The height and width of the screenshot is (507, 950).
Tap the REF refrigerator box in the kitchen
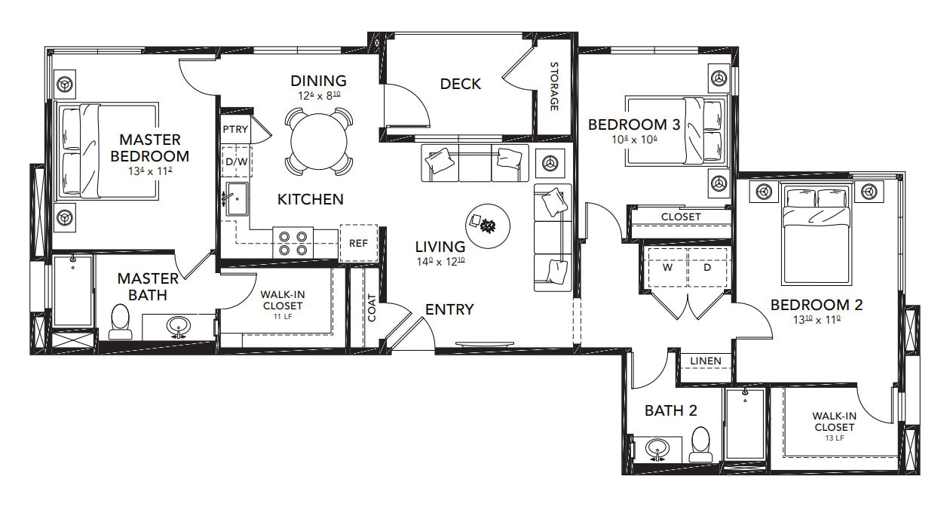click(x=358, y=243)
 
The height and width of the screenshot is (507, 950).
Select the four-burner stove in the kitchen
click(x=293, y=241)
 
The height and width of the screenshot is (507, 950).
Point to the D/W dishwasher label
click(x=235, y=161)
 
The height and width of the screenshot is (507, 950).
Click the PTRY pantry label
click(x=235, y=129)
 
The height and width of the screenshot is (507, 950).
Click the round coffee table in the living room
click(x=488, y=225)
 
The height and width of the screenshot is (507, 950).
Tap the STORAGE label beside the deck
click(x=553, y=87)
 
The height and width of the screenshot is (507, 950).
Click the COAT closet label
click(x=372, y=307)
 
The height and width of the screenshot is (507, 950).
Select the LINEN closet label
click(x=706, y=361)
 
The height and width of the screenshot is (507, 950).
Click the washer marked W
click(x=667, y=267)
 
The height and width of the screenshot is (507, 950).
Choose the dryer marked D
click(x=707, y=267)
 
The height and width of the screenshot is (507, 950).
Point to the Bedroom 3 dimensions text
click(x=635, y=140)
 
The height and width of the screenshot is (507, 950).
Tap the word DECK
click(x=460, y=84)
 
